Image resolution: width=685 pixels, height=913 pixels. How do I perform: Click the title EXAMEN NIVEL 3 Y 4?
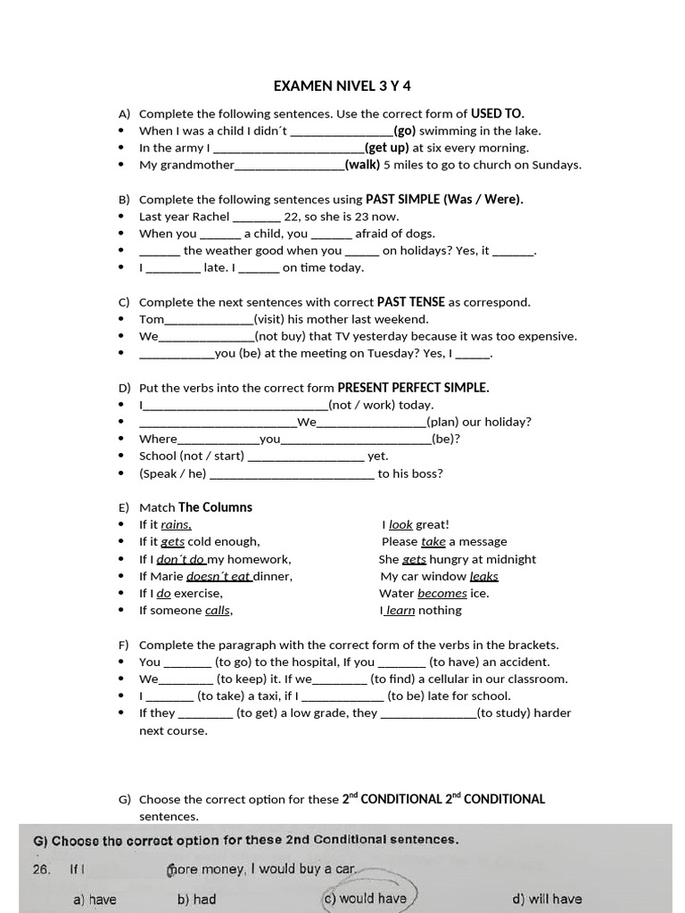click(342, 86)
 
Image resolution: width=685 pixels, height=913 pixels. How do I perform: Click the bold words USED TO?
click(498, 113)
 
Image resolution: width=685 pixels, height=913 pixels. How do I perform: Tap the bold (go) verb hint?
click(405, 130)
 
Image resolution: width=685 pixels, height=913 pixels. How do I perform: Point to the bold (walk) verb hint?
click(362, 165)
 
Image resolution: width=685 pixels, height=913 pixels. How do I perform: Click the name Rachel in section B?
click(210, 217)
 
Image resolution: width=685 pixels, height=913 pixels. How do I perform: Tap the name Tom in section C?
click(152, 319)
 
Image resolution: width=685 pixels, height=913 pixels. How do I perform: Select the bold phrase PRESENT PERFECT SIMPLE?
click(413, 388)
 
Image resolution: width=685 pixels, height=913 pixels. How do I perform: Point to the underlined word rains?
click(176, 525)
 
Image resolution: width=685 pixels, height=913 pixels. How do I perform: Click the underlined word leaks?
click(483, 577)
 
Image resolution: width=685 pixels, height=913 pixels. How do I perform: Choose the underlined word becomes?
click(442, 594)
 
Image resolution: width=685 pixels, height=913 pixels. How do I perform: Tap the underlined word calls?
click(218, 611)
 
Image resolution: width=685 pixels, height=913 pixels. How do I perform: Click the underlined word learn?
click(400, 611)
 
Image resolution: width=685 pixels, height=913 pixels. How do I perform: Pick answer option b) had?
click(196, 899)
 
